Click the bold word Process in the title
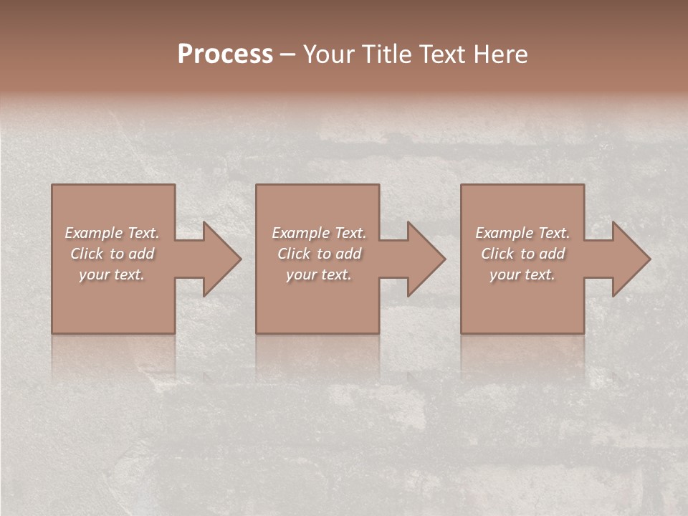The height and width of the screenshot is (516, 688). point(225,54)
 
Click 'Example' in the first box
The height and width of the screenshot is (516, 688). point(94,233)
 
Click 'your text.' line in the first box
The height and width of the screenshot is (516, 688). point(113,274)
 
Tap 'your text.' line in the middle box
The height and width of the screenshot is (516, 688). point(319,274)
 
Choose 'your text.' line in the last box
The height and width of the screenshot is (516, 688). point(522,274)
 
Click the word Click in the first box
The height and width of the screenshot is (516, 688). point(86,254)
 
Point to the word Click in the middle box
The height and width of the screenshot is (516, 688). point(293,254)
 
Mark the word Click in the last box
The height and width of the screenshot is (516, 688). point(497,254)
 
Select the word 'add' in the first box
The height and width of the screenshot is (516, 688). point(142,254)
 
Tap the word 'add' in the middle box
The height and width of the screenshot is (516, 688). point(348,254)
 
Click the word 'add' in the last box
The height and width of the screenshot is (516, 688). point(553,254)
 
